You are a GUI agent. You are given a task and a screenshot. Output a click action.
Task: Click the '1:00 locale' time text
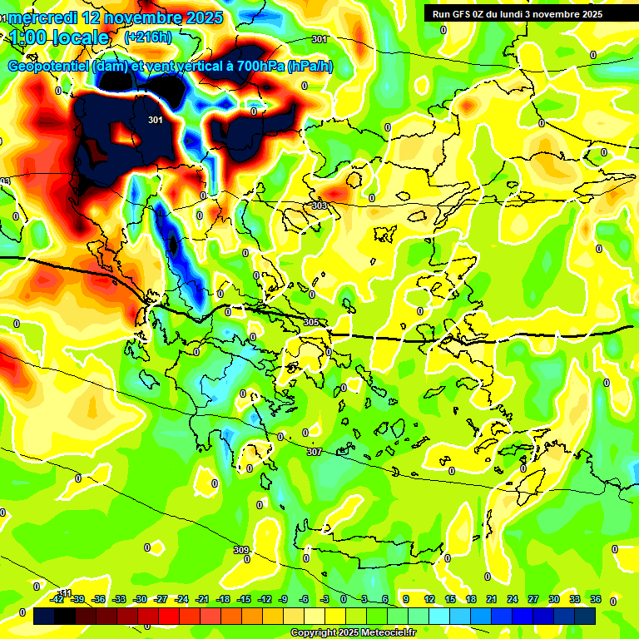coord(59,37)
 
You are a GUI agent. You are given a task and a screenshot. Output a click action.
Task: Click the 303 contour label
coord(319,206)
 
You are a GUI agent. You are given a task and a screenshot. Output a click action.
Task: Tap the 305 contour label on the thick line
coord(311,322)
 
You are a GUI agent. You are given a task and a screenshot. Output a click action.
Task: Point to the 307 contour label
coord(314,452)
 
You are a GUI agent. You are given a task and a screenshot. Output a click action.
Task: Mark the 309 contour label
coord(240,550)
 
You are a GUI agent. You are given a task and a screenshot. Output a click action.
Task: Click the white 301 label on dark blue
coord(155,121)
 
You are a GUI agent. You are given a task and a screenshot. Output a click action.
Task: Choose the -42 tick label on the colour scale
coord(57,600)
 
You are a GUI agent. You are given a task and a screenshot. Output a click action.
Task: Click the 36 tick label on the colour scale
coord(595,600)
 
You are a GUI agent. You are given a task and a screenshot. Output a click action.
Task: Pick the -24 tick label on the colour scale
coord(181,600)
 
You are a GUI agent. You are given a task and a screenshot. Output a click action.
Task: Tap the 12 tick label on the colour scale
coord(429,600)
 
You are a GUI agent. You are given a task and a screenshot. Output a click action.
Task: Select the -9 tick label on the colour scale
coord(285,600)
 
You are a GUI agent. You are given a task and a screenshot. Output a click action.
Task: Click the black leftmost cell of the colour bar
coord(44,617)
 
